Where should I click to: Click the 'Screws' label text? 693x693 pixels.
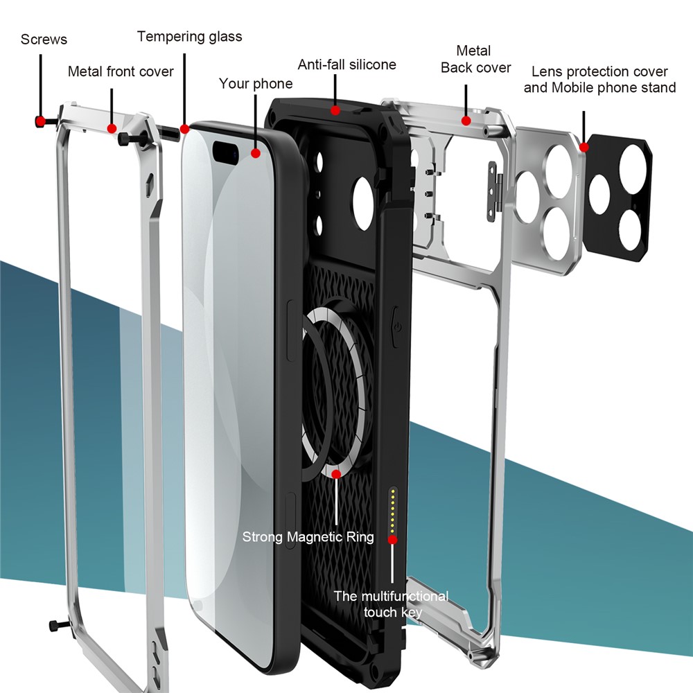44,40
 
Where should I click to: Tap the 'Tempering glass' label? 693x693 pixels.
189,37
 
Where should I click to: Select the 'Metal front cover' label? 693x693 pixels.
121,71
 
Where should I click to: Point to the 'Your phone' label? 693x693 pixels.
256,84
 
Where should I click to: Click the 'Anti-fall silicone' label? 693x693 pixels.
346,64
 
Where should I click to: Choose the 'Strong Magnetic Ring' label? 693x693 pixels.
308,536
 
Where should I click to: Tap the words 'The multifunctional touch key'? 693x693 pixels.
392,604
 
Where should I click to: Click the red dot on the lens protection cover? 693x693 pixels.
584,147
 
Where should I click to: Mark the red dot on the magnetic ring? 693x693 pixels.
336,474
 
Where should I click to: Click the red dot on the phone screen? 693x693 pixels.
256,153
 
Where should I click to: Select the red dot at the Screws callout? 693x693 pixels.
40,121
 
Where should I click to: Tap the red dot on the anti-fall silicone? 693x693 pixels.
335,109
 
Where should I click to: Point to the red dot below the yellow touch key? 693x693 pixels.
393,538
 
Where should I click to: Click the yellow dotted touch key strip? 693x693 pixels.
394,509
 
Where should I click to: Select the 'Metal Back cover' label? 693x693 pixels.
475,59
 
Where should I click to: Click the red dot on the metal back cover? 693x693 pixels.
466,121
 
